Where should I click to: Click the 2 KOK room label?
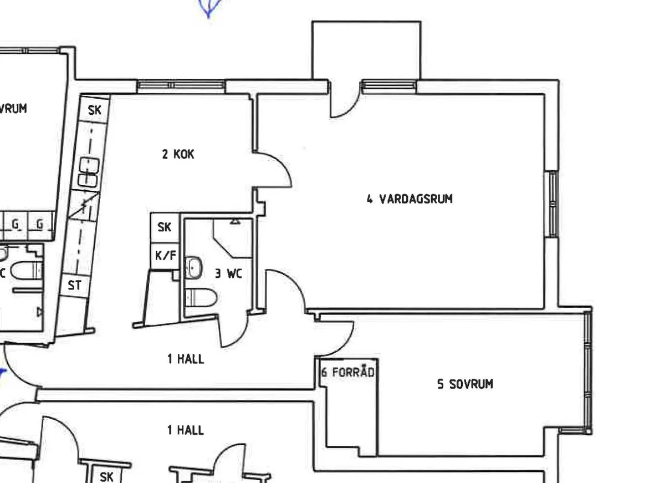pyautogui.click(x=178, y=154)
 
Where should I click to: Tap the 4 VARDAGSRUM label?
pyautogui.click(x=410, y=199)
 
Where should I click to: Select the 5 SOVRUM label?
pyautogui.click(x=465, y=384)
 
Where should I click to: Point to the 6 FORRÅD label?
pyautogui.click(x=347, y=372)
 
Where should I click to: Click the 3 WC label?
pyautogui.click(x=228, y=273)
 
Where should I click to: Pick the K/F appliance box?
pyautogui.click(x=165, y=256)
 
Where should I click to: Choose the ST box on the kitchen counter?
pyautogui.click(x=74, y=285)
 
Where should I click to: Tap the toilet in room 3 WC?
pyautogui.click(x=201, y=297)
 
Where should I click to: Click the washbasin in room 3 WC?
pyautogui.click(x=193, y=268)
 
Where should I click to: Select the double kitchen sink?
pyautogui.click(x=88, y=172)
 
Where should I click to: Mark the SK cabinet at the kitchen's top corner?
pyautogui.click(x=95, y=110)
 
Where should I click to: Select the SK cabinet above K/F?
pyautogui.click(x=165, y=227)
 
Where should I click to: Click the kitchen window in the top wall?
pyautogui.click(x=181, y=85)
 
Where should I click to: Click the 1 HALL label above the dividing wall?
pyautogui.click(x=186, y=359)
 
